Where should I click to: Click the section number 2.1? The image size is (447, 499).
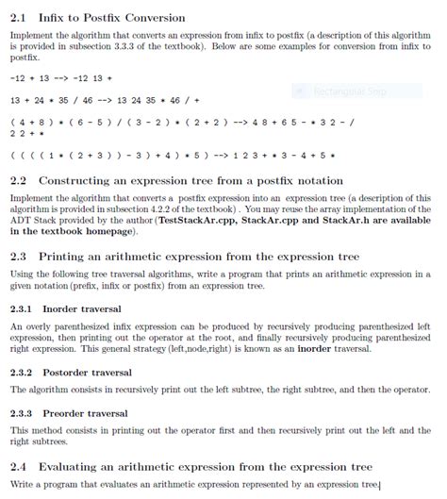(x=18, y=18)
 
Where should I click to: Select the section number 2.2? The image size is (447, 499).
(x=18, y=180)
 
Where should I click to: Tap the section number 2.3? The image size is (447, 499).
(x=18, y=255)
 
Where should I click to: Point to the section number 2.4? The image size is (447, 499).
(x=18, y=466)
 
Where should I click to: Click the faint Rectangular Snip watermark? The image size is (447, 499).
(x=339, y=91)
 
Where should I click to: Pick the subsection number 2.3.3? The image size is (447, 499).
(x=22, y=412)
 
